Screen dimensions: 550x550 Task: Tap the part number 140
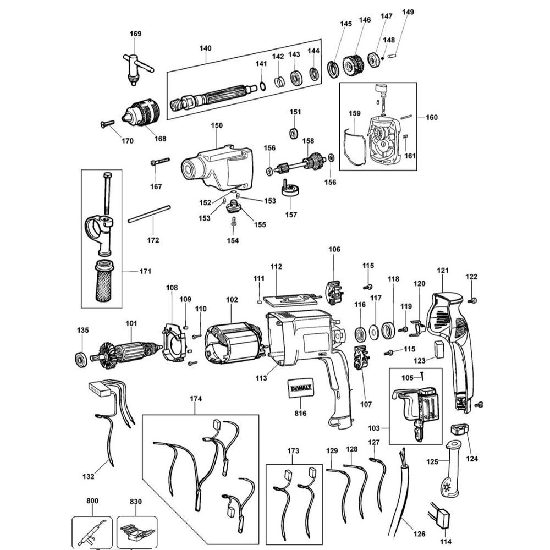[205, 48]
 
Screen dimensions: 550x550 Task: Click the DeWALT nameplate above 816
[300, 390]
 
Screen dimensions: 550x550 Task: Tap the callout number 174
[196, 398]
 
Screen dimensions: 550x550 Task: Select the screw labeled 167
[159, 163]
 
